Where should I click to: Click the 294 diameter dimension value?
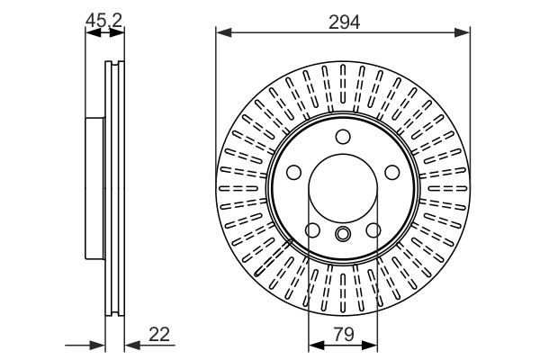pyautogui.click(x=344, y=22)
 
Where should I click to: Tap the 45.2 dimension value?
pyautogui.click(x=103, y=21)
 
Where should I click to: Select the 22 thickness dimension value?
pyautogui.click(x=159, y=334)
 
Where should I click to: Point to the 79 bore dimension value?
pyautogui.click(x=344, y=334)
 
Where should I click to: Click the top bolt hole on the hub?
pyautogui.click(x=343, y=137)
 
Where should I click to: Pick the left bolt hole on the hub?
pyautogui.click(x=293, y=172)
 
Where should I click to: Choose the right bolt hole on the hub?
pyautogui.click(x=391, y=172)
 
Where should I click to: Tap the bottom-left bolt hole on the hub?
pyautogui.click(x=312, y=230)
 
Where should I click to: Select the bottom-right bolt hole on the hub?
pyautogui.click(x=373, y=230)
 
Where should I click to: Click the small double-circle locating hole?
pyautogui.click(x=343, y=234)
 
